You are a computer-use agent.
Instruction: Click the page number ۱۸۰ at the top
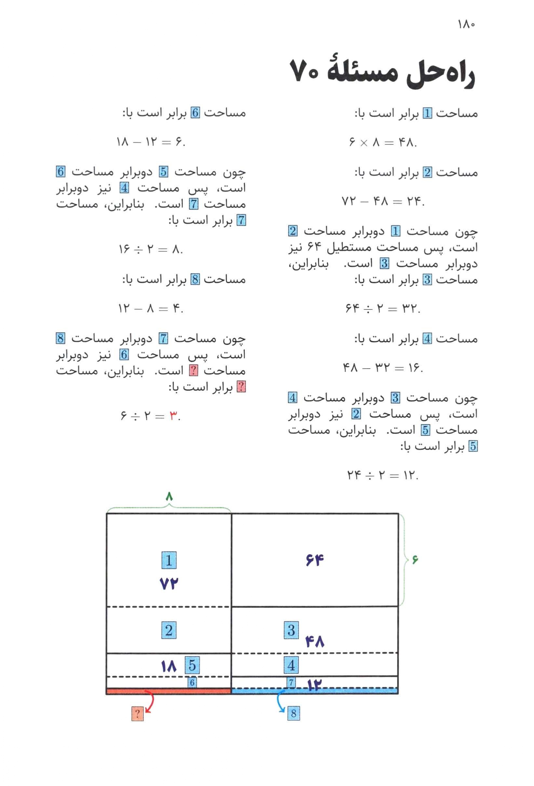coord(466,24)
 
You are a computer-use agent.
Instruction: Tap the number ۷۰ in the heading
coord(304,74)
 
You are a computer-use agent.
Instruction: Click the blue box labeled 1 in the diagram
coord(169,560)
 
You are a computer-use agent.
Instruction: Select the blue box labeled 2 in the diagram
coord(169,630)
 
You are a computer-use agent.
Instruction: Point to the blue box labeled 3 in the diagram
coord(291,630)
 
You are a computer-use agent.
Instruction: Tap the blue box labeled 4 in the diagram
coord(291,666)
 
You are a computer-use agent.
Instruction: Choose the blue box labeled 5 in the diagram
coord(192,665)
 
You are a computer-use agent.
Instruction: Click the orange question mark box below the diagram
coord(138,714)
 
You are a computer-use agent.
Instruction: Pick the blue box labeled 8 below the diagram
coord(293,713)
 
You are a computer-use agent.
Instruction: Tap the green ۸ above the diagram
coord(169,497)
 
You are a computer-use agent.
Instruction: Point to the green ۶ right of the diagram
coord(415,560)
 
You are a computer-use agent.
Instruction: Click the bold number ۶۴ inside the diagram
coord(314,560)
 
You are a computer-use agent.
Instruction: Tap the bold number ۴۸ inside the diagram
coord(314,641)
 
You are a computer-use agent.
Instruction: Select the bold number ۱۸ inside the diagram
coord(169,666)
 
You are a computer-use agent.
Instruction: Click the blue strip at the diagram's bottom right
coord(314,691)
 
